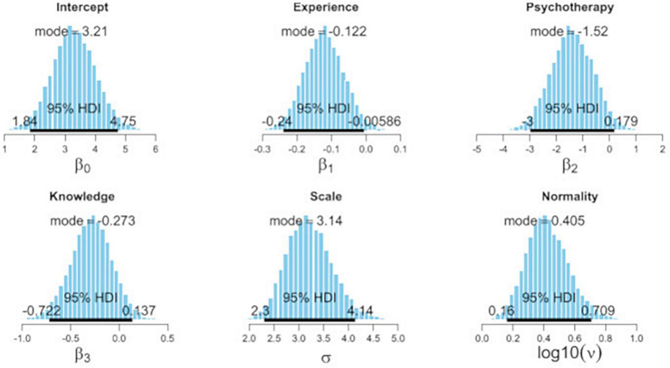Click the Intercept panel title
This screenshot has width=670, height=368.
pyautogui.click(x=82, y=7)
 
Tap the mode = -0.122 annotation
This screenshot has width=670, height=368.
pyautogui.click(x=324, y=31)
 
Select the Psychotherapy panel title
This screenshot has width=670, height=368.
pyautogui.click(x=569, y=7)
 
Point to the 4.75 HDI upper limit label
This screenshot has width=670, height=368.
pyautogui.click(x=123, y=122)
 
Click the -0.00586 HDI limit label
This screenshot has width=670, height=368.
pyautogui.click(x=374, y=121)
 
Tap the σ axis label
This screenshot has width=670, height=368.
pyautogui.click(x=326, y=357)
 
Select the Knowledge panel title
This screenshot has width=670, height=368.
pyautogui.click(x=82, y=196)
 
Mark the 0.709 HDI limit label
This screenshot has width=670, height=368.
pyautogui.click(x=598, y=311)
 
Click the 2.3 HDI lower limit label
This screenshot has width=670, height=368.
pyautogui.click(x=260, y=311)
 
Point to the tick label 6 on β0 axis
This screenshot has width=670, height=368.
pyautogui.click(x=155, y=150)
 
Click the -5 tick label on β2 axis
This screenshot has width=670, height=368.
pyautogui.click(x=477, y=150)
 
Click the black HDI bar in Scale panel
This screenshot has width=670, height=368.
pyautogui.click(x=309, y=320)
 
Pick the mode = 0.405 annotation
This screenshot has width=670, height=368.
pyautogui.click(x=544, y=221)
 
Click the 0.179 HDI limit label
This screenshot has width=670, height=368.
pyautogui.click(x=620, y=122)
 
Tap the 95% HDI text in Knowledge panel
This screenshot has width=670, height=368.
pyautogui.click(x=90, y=298)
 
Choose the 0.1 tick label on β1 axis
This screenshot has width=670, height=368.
pyautogui.click(x=400, y=150)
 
